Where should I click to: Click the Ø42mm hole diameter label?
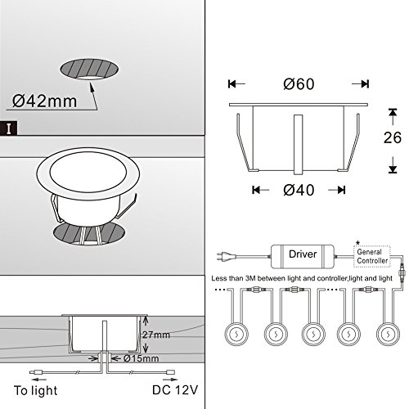click(x=44, y=101)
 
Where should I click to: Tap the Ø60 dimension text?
click(x=299, y=84)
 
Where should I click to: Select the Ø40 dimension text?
click(x=299, y=190)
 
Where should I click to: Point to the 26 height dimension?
click(x=393, y=137)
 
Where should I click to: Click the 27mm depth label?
click(x=156, y=335)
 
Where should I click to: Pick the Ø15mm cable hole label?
click(x=141, y=358)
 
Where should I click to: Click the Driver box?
click(x=303, y=256)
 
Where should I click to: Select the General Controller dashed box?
click(x=372, y=256)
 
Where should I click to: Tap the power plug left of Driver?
click(x=225, y=256)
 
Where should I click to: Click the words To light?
click(x=36, y=390)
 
